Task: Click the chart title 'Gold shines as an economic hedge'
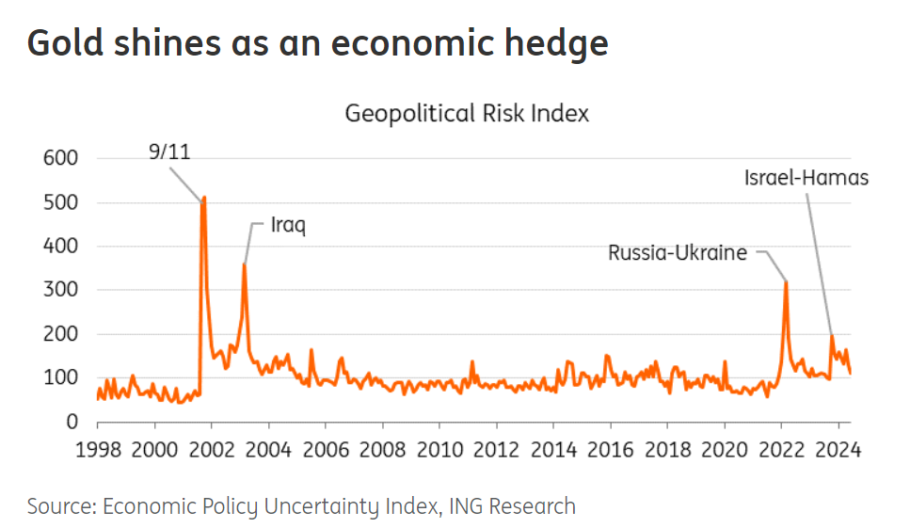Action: pos(317,44)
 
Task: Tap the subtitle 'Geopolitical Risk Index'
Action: pos(467,114)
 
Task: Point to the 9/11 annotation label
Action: pos(169,152)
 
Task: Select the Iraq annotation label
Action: pos(289,226)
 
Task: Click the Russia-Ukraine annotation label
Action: pos(678,252)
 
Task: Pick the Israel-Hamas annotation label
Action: pos(806,177)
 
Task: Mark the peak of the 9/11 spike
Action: pos(203,198)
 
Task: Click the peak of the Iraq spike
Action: pos(245,264)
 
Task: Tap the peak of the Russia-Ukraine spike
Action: pos(786,281)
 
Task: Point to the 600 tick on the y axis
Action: pos(60,158)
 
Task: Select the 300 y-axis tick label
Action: pos(60,290)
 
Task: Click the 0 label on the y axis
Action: pos(72,422)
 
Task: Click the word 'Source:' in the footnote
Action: pos(59,506)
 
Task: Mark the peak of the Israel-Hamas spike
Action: pos(832,336)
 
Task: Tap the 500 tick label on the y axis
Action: pos(60,202)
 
